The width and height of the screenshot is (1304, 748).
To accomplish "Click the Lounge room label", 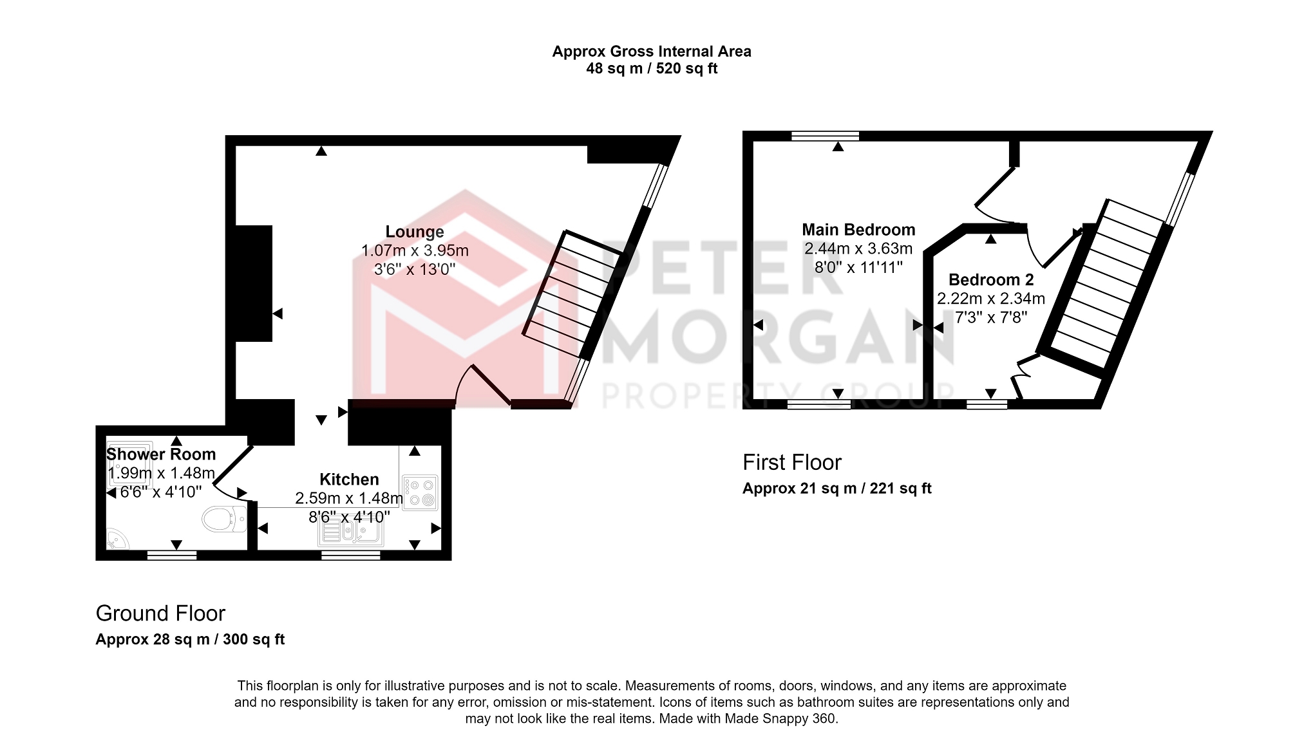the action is [x=415, y=232].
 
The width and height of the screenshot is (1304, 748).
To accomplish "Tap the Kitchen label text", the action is [x=349, y=480].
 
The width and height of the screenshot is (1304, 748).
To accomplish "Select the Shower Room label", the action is [x=161, y=454].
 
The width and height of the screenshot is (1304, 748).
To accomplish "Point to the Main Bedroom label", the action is [x=858, y=230].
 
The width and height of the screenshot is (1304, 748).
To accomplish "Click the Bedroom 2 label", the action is [x=991, y=280].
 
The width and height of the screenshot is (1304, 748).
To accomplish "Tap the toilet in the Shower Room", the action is [x=224, y=519].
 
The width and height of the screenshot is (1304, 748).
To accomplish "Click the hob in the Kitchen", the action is [x=420, y=492].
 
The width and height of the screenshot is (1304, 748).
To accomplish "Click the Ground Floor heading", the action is [x=160, y=613].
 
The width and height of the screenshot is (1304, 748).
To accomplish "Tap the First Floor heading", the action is [x=792, y=462].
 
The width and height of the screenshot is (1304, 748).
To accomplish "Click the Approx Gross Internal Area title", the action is [x=652, y=51].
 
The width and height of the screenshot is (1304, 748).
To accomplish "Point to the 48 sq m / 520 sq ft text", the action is [x=652, y=68].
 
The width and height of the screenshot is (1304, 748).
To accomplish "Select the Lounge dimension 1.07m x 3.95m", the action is [x=415, y=250].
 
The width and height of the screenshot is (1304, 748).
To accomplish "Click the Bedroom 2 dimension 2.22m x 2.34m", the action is [x=991, y=299].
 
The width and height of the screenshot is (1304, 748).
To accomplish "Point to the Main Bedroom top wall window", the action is [x=825, y=136].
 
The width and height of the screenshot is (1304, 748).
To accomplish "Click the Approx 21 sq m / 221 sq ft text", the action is [x=837, y=489].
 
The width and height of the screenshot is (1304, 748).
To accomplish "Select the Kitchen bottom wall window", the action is [x=351, y=555].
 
